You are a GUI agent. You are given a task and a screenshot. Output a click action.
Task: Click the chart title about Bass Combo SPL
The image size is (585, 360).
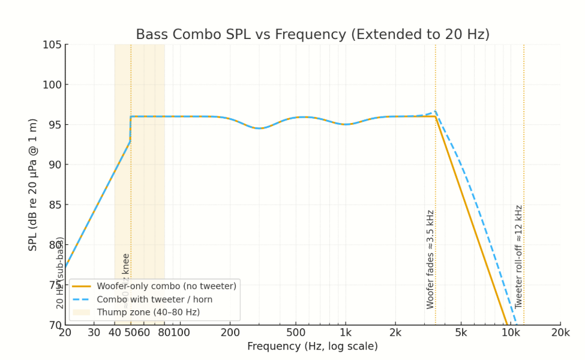click(313, 35)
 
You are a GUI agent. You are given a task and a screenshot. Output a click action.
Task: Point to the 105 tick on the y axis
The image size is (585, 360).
click(52, 45)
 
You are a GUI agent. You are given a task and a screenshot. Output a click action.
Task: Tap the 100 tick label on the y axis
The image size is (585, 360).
click(52, 85)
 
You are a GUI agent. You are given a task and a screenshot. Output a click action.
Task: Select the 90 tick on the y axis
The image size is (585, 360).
click(55, 165)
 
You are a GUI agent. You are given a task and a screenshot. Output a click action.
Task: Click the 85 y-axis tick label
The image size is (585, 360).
click(55, 205)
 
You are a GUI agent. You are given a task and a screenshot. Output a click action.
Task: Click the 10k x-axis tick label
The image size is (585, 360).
click(511, 333)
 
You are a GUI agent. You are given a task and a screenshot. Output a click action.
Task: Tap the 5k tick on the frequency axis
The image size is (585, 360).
click(461, 333)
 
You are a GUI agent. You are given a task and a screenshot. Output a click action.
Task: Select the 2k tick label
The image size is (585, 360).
click(395, 333)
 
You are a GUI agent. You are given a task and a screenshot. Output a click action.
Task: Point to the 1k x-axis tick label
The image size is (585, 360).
click(345, 333)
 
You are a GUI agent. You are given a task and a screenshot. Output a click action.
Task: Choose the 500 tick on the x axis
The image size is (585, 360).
click(295, 333)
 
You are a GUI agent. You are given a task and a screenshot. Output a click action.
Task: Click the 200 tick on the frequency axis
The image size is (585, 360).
click(230, 333)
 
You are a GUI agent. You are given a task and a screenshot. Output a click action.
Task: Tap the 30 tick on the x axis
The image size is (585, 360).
click(94, 333)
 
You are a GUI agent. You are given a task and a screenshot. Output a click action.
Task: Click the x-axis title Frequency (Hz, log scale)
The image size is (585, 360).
click(313, 347)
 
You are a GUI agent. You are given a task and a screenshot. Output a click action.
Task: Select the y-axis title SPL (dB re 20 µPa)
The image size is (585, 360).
click(34, 185)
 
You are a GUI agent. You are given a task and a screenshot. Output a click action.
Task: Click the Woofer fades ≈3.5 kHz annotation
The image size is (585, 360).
click(430, 259)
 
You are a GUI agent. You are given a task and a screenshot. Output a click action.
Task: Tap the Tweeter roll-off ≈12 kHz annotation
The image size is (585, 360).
click(519, 257)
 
